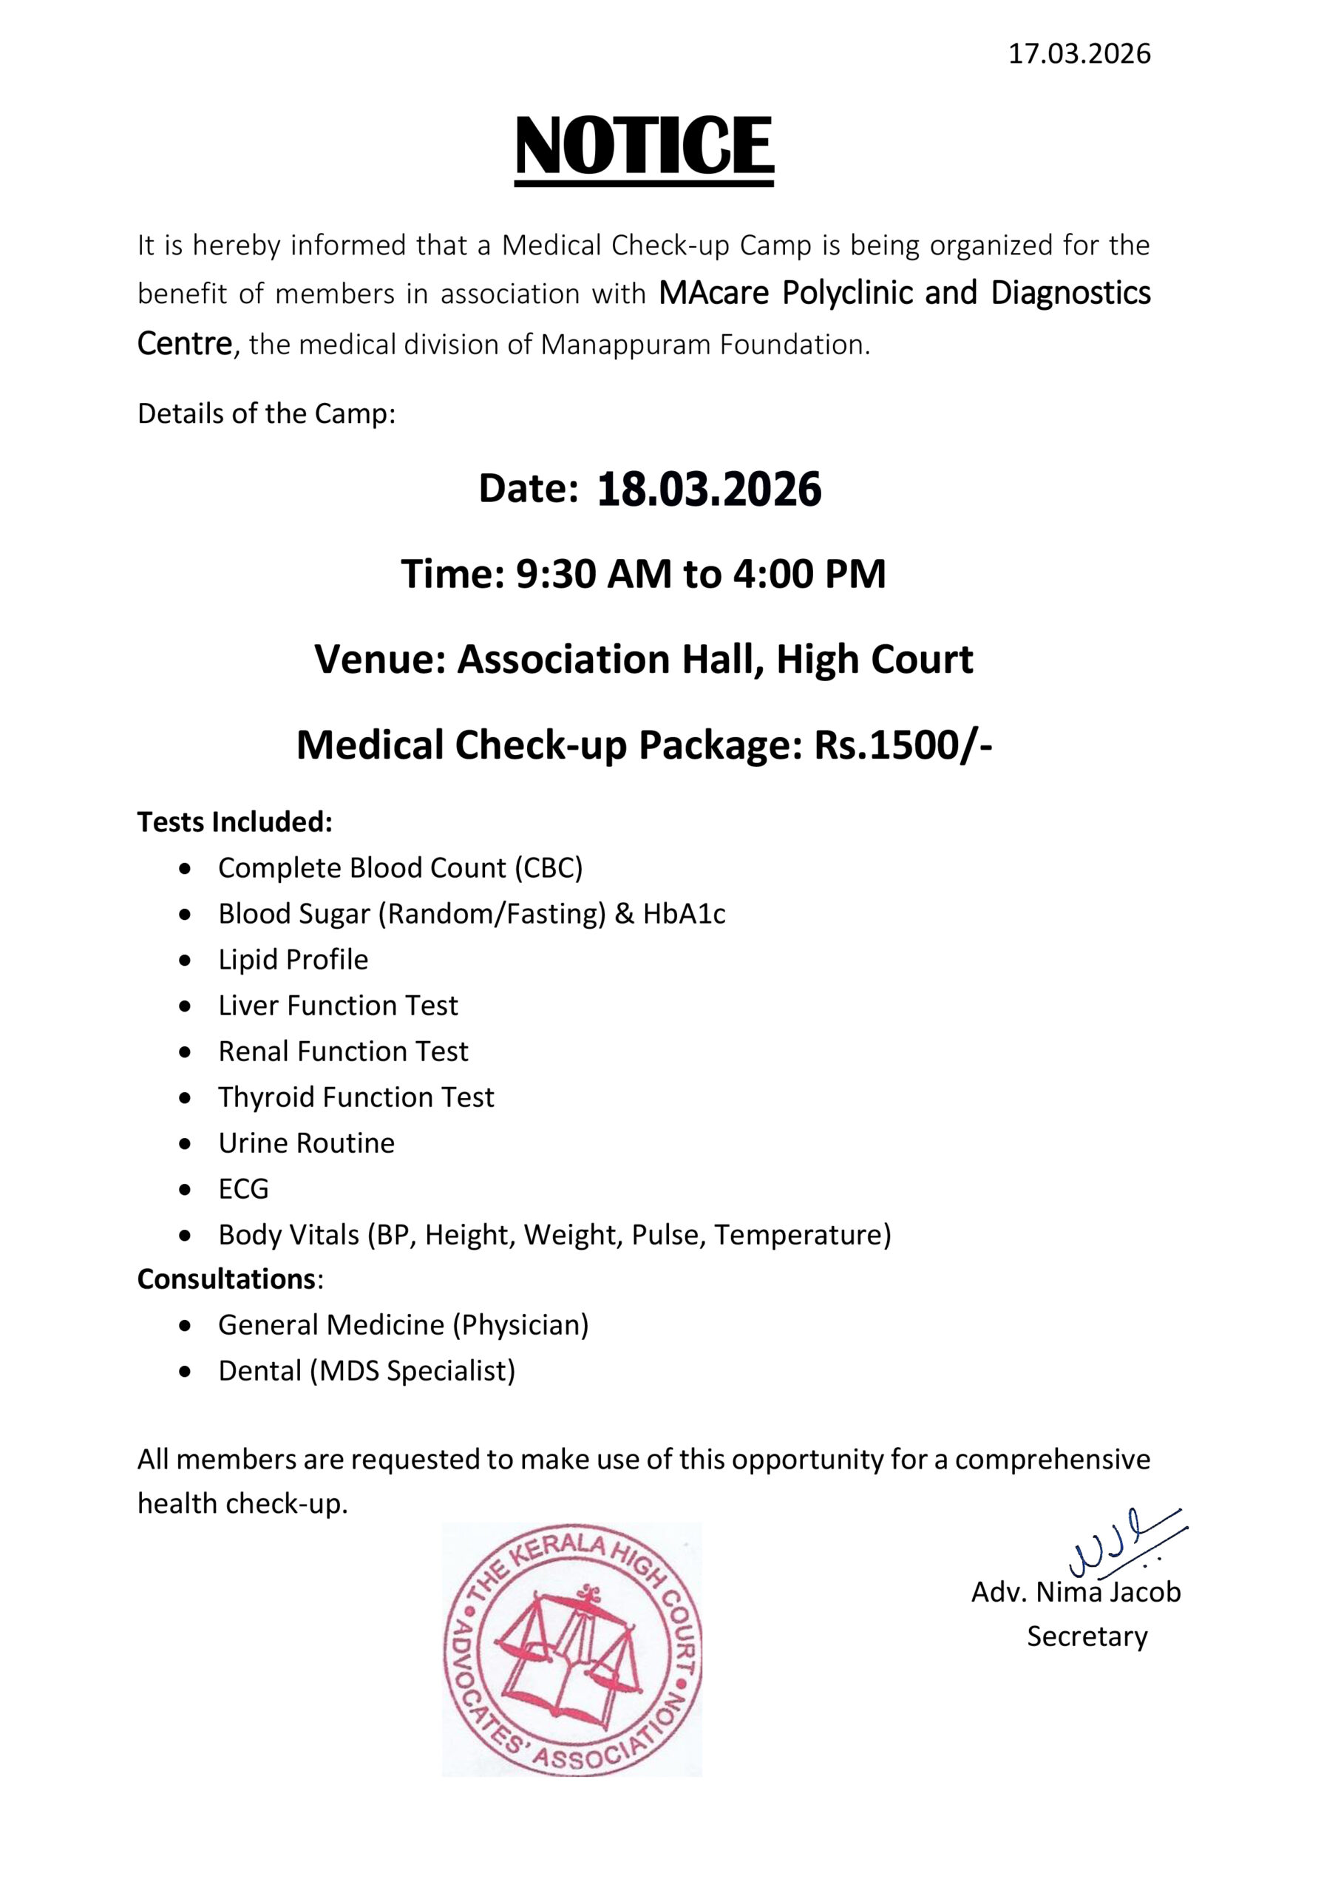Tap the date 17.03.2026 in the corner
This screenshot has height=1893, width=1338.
coord(1079,55)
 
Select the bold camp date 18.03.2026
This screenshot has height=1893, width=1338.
coord(709,490)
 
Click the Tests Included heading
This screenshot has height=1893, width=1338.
coord(235,822)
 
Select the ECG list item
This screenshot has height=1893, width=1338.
coord(243,1189)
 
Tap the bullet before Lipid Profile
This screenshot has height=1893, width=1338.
coord(187,961)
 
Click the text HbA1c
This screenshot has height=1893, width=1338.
coord(684,915)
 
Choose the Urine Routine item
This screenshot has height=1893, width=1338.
coord(306,1143)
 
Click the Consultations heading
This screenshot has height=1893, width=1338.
coord(228,1279)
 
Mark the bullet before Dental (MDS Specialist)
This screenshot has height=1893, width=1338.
coord(187,1372)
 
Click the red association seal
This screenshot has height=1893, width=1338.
coord(572,1650)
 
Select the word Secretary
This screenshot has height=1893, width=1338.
coord(1087,1636)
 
